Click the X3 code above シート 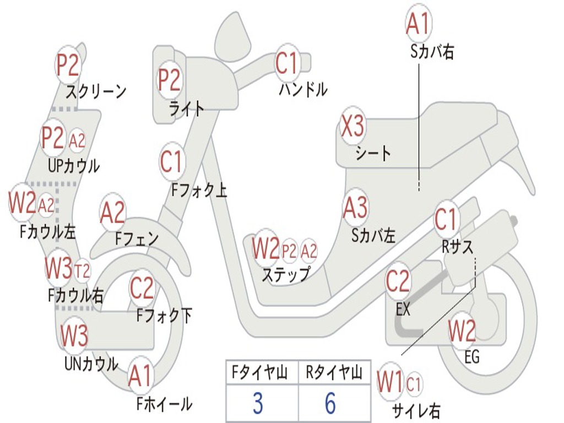click(352, 128)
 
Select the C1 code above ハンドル click(286, 63)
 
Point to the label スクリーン click(96, 91)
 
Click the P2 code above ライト click(170, 80)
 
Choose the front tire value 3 click(258, 404)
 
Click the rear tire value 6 click(330, 404)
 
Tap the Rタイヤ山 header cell click(334, 373)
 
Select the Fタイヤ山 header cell click(262, 373)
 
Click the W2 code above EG click(462, 331)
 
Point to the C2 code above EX click(398, 281)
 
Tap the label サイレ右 click(416, 410)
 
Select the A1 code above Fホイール click(140, 377)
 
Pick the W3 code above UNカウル click(74, 335)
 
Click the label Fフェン click(137, 239)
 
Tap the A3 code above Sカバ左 click(355, 208)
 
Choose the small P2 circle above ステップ click(289, 251)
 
